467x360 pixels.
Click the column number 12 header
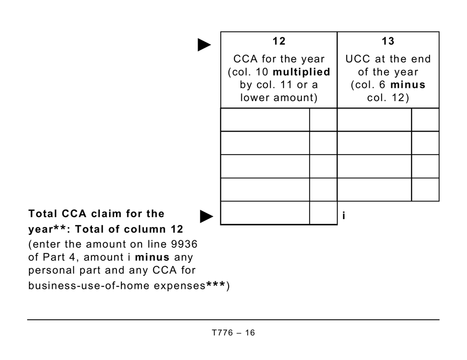(279, 42)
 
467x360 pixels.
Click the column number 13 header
(388, 42)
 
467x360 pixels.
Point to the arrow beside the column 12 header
(204, 45)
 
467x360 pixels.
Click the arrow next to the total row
(207, 216)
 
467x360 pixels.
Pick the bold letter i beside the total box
(344, 216)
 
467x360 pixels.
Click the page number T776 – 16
(233, 332)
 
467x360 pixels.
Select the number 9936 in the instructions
(186, 244)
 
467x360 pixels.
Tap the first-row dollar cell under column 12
(265, 120)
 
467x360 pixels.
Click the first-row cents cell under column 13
(425, 120)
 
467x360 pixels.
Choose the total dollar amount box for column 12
(265, 213)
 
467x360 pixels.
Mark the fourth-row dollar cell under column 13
(374, 190)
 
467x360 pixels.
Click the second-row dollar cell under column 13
(374, 143)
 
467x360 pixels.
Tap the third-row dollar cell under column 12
(265, 166)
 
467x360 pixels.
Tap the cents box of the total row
(323, 213)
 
